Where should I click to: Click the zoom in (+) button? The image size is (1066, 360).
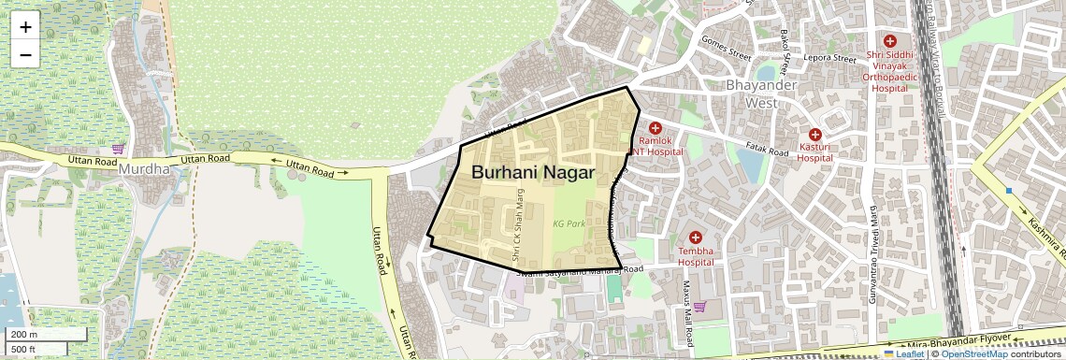click(x=25, y=27)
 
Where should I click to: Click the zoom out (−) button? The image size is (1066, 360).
click(x=25, y=55)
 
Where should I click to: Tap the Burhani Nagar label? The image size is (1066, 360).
click(x=533, y=173)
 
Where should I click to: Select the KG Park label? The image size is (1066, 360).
click(x=569, y=224)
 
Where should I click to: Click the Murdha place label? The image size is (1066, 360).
click(x=145, y=169)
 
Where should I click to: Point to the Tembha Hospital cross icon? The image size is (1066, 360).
click(x=696, y=238)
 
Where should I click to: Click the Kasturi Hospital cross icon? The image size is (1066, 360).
click(x=815, y=136)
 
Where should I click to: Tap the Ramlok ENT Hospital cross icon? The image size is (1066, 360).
click(x=655, y=128)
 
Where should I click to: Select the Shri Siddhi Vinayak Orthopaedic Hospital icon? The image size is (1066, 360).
click(x=889, y=41)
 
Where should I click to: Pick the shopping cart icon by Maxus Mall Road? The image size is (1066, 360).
click(x=699, y=306)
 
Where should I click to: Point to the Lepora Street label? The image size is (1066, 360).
click(x=830, y=59)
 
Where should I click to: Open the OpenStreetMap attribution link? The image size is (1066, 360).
click(x=973, y=354)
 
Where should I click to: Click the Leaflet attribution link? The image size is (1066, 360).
click(x=903, y=354)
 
